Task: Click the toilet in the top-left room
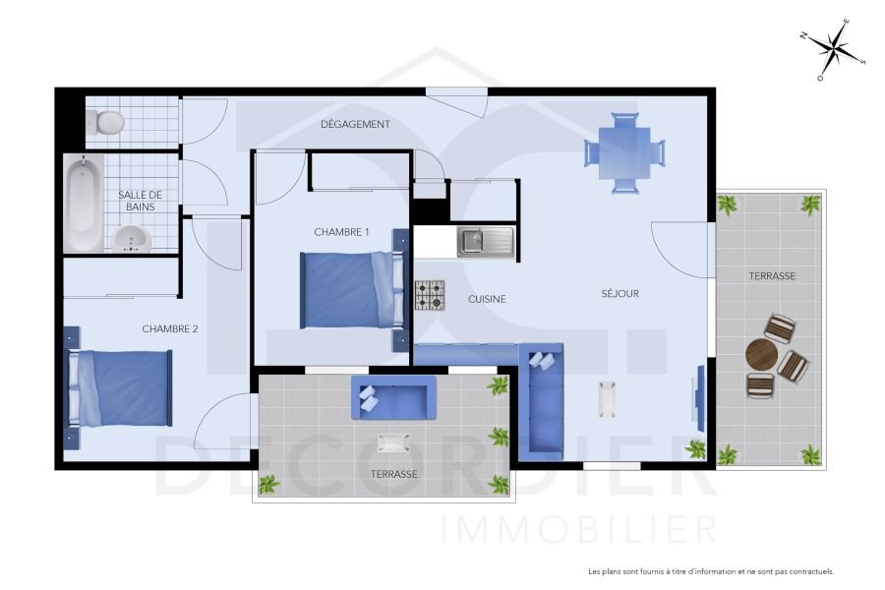104,121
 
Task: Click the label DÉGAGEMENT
356,125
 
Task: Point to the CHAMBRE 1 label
341,232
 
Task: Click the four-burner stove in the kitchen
429,294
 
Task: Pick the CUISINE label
487,299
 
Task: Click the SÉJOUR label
620,293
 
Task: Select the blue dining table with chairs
624,152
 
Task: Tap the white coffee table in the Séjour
608,397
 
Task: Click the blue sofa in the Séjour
541,401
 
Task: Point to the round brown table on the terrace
761,354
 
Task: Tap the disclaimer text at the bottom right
710,571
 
